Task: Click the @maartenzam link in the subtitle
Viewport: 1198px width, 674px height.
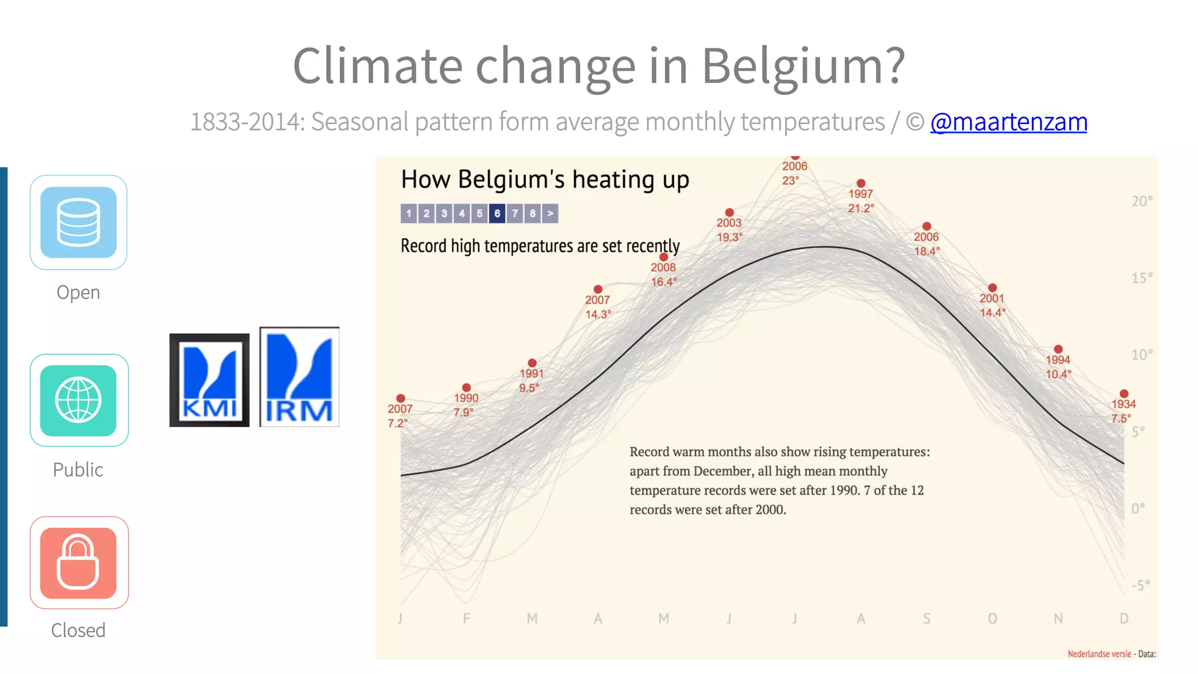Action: (x=1008, y=122)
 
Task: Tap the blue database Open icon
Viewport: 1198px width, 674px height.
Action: (x=78, y=222)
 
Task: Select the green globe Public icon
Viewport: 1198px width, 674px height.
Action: (x=78, y=401)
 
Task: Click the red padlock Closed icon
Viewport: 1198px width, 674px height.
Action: (x=78, y=563)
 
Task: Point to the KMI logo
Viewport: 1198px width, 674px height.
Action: (x=209, y=380)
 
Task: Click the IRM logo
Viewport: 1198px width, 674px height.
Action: (x=299, y=377)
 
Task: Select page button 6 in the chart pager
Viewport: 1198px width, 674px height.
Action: (x=497, y=214)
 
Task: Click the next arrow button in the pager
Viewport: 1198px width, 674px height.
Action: (x=550, y=214)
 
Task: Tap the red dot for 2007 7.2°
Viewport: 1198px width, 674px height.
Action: (x=401, y=398)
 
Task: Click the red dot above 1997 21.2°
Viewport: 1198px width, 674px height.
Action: (x=861, y=183)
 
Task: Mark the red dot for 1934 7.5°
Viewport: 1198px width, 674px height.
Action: (x=1124, y=394)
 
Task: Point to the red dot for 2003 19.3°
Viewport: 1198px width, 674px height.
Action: (x=729, y=212)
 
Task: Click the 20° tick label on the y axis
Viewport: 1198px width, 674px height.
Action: (x=1141, y=201)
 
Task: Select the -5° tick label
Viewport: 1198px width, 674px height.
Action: (x=1140, y=585)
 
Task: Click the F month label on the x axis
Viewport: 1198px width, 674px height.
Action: (x=466, y=618)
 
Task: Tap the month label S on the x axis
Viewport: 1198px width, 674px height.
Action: (x=927, y=618)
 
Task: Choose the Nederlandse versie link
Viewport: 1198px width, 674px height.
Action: (x=1099, y=654)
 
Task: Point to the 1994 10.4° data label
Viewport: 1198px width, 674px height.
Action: (x=1058, y=367)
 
